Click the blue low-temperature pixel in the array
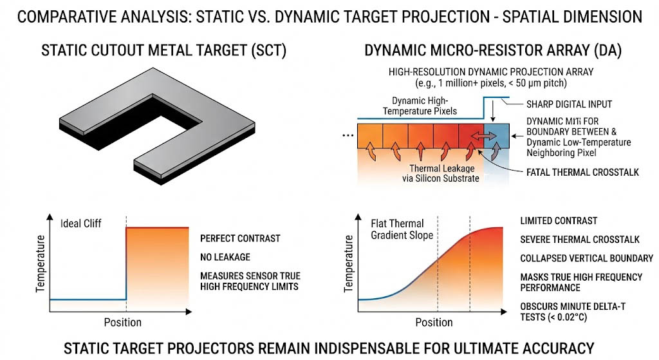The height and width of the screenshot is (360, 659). click(497, 136)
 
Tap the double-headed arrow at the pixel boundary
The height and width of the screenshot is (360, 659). click(483, 136)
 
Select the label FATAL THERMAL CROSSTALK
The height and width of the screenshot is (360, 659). click(582, 172)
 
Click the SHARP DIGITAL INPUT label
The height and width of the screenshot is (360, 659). click(569, 104)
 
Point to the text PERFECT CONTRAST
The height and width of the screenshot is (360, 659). click(240, 238)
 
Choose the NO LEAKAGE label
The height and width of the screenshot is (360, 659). click(225, 257)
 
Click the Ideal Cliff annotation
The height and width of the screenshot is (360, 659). click(80, 223)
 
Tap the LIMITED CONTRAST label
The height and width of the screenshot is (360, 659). click(559, 221)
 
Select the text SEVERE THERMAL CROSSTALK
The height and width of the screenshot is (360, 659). click(580, 240)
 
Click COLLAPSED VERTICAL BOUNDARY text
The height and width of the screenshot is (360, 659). click(587, 258)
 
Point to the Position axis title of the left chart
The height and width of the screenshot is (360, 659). click(123, 323)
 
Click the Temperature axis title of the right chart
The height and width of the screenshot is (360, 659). click(348, 263)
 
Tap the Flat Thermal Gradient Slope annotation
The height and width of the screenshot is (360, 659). click(402, 229)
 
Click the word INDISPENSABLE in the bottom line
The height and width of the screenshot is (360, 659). click(367, 348)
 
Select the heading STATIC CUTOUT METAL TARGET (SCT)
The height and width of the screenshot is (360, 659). click(164, 50)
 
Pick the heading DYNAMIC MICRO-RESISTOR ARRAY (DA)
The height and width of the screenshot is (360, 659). click(493, 50)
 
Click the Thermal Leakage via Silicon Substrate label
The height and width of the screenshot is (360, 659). click(440, 173)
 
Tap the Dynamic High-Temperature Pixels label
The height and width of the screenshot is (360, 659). click(420, 106)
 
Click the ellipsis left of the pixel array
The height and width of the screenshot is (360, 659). click(348, 135)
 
